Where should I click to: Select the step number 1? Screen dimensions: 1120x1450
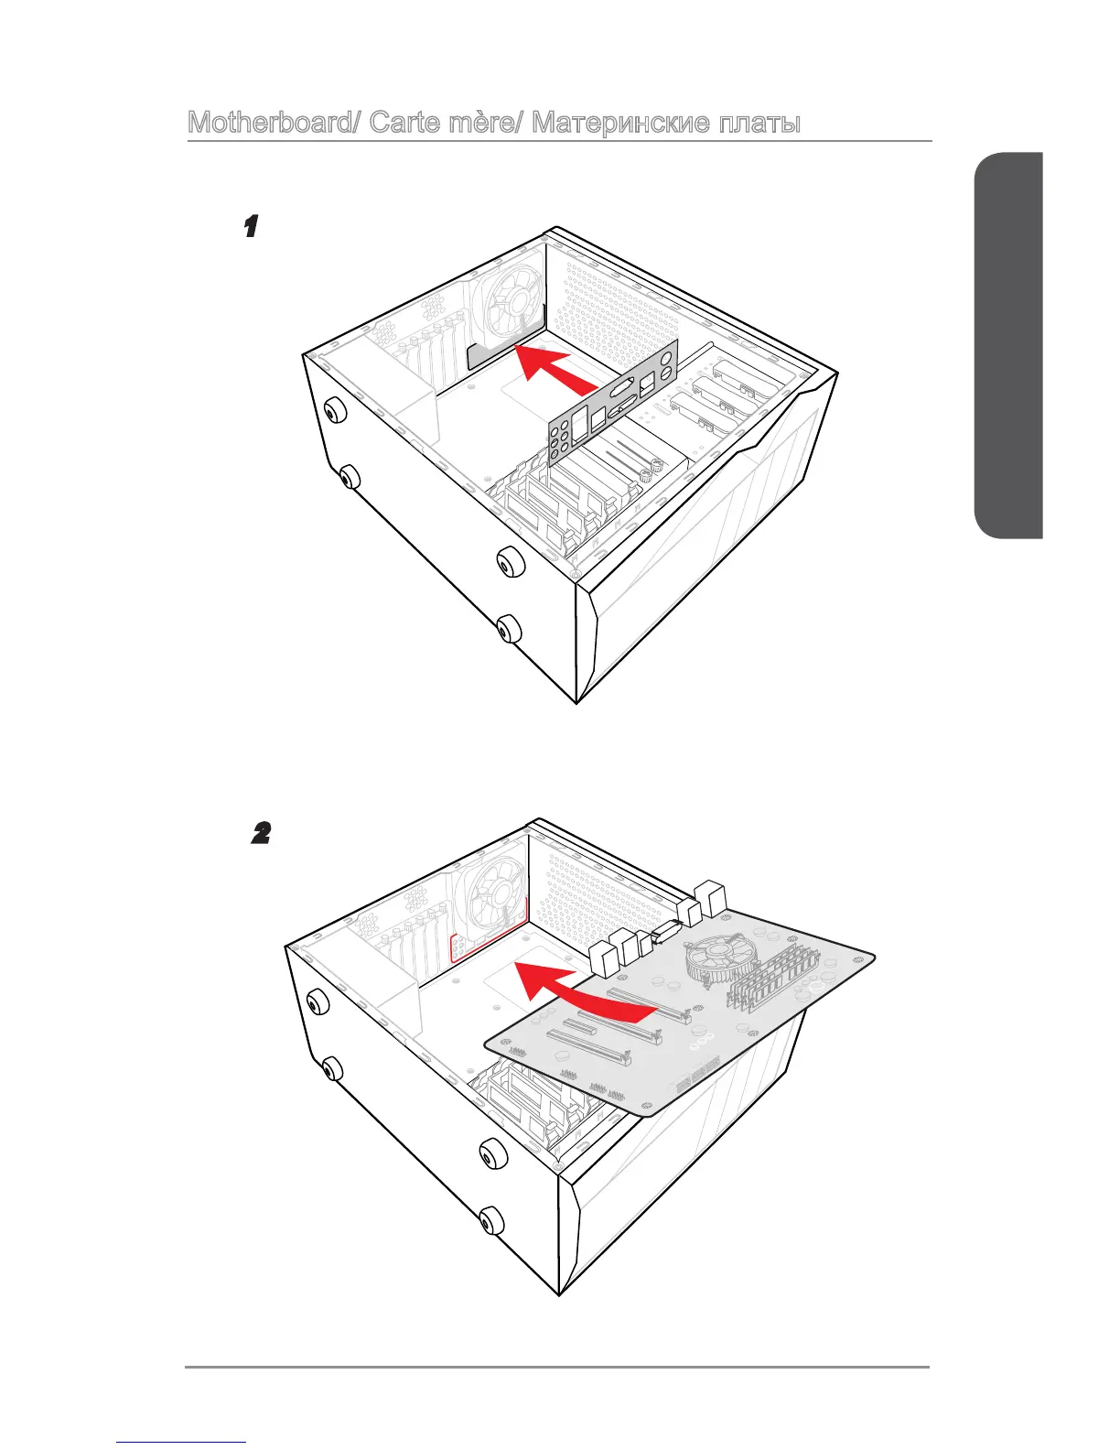(x=249, y=226)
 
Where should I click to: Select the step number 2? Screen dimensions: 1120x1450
(x=261, y=833)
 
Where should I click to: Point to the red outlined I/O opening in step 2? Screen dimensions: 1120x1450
(x=490, y=936)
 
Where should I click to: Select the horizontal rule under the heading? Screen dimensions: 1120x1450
(x=559, y=142)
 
